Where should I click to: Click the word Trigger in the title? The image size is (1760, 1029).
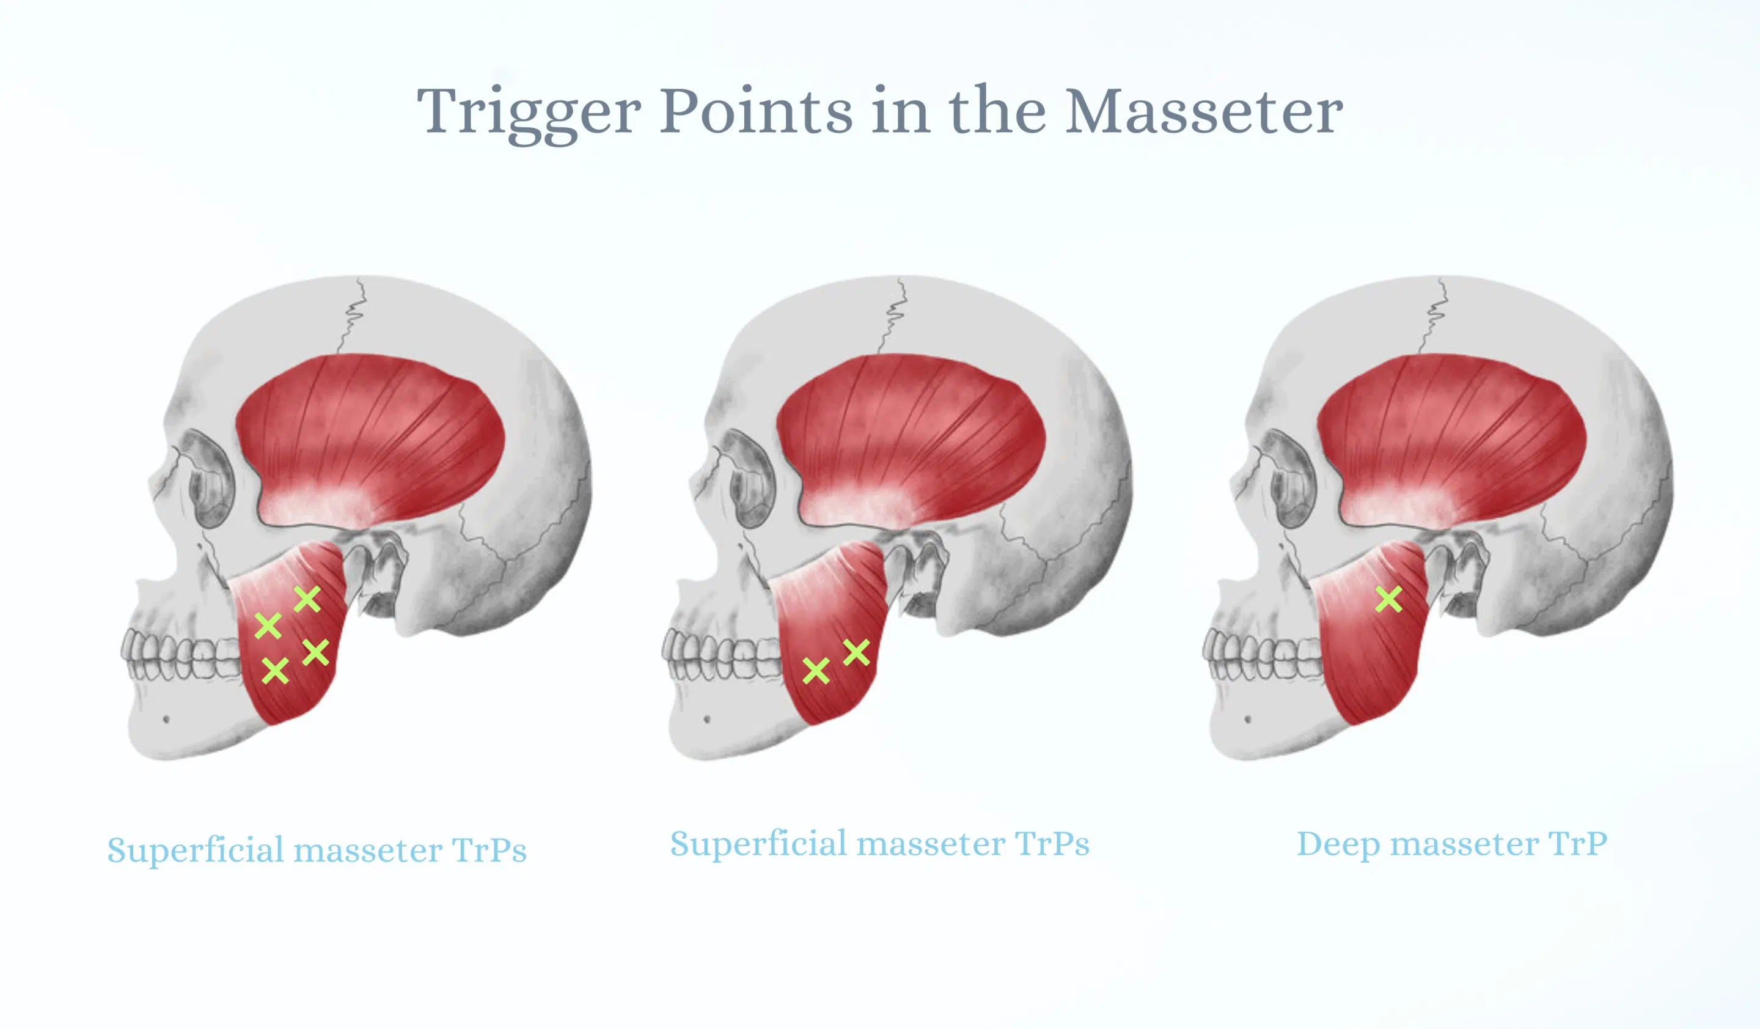coord(528,112)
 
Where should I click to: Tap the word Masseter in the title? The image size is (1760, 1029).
coord(1203,112)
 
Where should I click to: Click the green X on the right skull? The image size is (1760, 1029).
coord(1388,599)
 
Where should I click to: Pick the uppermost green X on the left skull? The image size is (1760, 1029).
coord(307,599)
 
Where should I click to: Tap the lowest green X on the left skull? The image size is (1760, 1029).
coord(275,671)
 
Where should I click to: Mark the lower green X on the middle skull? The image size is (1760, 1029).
coord(816,671)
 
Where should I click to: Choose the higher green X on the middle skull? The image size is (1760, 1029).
coord(856,652)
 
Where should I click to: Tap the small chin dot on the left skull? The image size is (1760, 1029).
coord(166,719)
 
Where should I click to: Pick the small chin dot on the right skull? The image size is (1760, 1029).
coord(1248,719)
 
